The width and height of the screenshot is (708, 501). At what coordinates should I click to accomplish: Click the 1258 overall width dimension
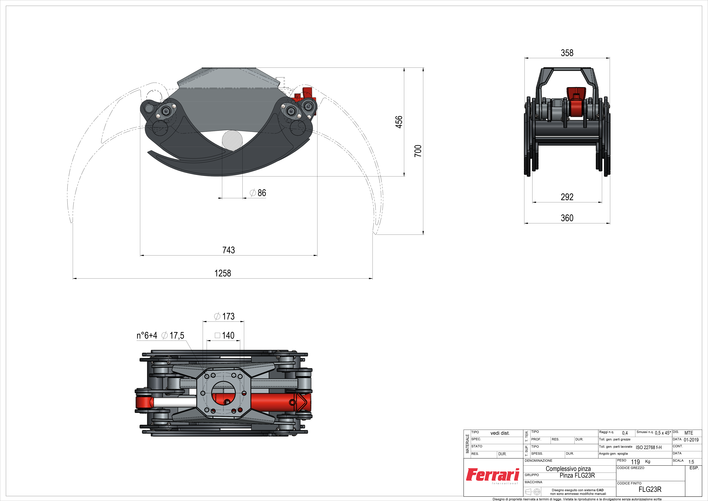tap(223, 273)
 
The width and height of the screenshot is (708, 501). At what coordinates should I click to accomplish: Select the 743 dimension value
tap(228, 250)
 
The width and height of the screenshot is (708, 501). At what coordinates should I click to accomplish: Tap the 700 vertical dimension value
tap(418, 151)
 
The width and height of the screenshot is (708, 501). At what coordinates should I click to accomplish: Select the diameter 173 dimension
tap(224, 316)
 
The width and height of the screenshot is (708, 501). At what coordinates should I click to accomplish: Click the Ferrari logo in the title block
tap(492, 475)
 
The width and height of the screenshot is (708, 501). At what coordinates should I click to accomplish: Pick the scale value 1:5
tap(691, 462)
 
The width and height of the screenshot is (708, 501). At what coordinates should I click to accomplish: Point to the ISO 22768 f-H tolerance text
tap(648, 447)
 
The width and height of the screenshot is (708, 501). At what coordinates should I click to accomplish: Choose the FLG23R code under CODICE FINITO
tap(650, 489)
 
